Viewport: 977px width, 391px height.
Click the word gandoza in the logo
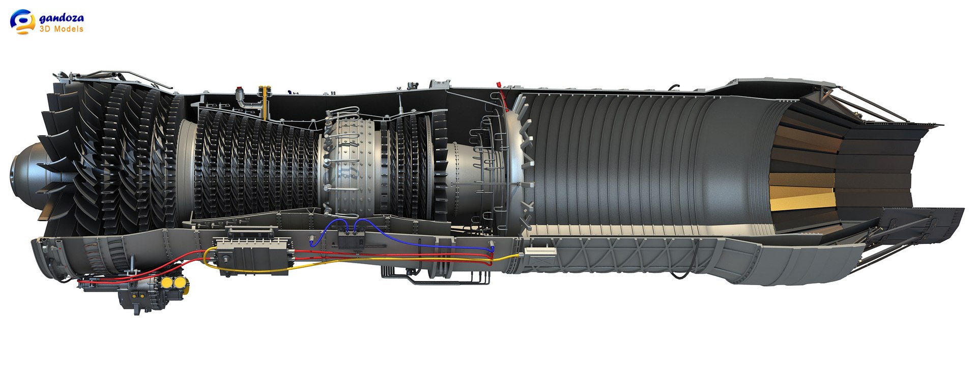[62, 18]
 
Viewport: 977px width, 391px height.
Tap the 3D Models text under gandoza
[61, 29]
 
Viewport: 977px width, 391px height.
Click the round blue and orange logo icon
[22, 21]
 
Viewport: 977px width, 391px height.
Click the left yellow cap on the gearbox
[166, 283]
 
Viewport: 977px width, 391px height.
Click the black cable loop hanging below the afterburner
[679, 275]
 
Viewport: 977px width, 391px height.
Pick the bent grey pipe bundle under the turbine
[433, 277]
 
